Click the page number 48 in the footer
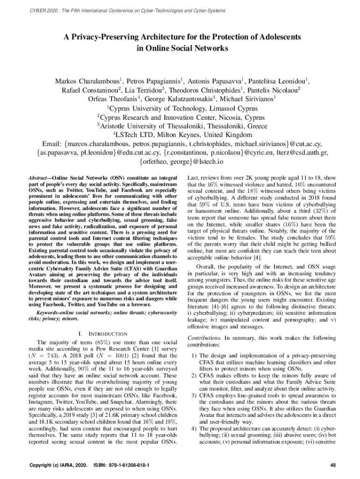pos(333,465)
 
